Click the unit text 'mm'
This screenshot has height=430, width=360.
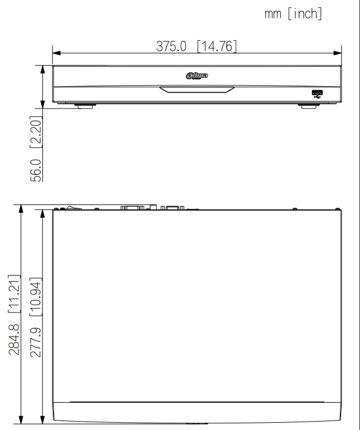273,14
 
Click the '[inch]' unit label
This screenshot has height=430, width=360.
305,14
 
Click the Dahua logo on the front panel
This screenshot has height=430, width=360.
197,75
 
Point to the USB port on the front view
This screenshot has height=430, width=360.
318,92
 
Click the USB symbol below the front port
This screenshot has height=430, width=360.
318,98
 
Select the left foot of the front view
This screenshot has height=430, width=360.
85,105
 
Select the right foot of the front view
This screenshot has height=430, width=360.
310,105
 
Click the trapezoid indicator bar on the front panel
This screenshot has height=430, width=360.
197,90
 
